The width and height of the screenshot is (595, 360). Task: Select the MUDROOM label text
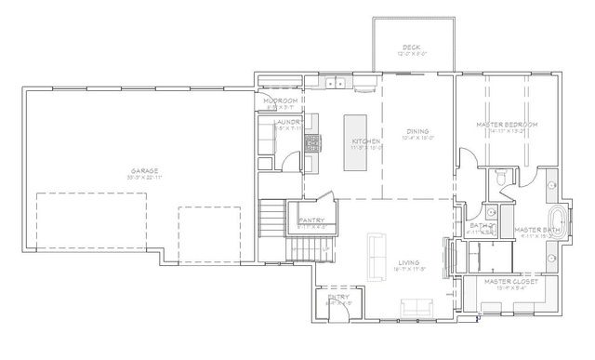coord(280,100)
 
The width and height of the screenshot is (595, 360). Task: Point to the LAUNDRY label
coord(285,122)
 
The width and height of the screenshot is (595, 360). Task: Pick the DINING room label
coord(418,132)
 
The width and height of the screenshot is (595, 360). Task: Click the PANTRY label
coord(311,220)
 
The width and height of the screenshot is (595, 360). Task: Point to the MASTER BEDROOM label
coord(501,124)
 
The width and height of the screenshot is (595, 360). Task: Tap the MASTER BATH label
coord(536,229)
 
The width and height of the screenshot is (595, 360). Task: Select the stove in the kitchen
coord(312,142)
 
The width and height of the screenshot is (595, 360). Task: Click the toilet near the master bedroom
coord(500,175)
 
